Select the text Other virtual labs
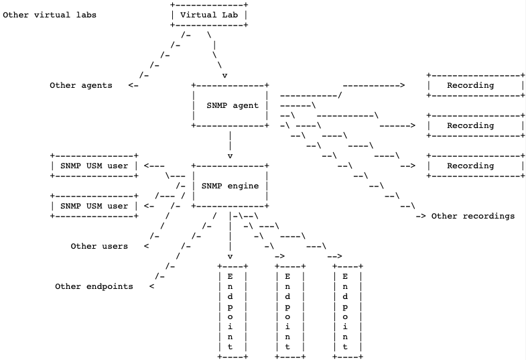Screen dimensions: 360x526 click(50, 15)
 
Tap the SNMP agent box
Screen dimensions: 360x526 click(230, 105)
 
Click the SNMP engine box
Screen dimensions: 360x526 click(230, 186)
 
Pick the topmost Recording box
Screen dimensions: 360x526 click(475, 85)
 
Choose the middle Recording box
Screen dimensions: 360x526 click(475, 125)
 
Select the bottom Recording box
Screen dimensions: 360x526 click(475, 166)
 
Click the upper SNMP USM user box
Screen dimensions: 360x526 click(94, 166)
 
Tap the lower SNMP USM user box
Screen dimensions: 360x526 click(94, 206)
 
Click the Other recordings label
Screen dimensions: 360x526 click(472, 216)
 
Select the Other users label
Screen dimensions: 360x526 click(99, 246)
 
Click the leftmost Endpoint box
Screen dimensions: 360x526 click(231, 311)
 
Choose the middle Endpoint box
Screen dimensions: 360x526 click(287, 311)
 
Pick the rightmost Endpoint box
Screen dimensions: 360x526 click(345, 311)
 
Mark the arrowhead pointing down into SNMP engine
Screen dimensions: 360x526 click(231, 156)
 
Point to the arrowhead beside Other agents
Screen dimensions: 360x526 click(132, 85)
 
